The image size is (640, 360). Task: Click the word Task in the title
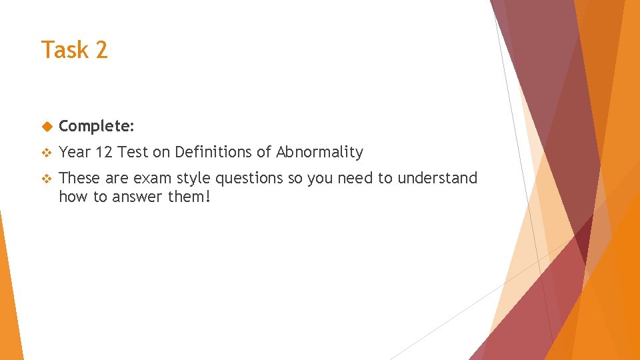coord(63,50)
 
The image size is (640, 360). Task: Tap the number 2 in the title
coord(101,50)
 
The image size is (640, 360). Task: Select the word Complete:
coord(97,126)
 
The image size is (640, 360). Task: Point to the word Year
coord(74,152)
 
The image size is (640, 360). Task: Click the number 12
coord(103,152)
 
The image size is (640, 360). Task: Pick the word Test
coord(133,152)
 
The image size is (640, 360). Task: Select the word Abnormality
coord(319,152)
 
